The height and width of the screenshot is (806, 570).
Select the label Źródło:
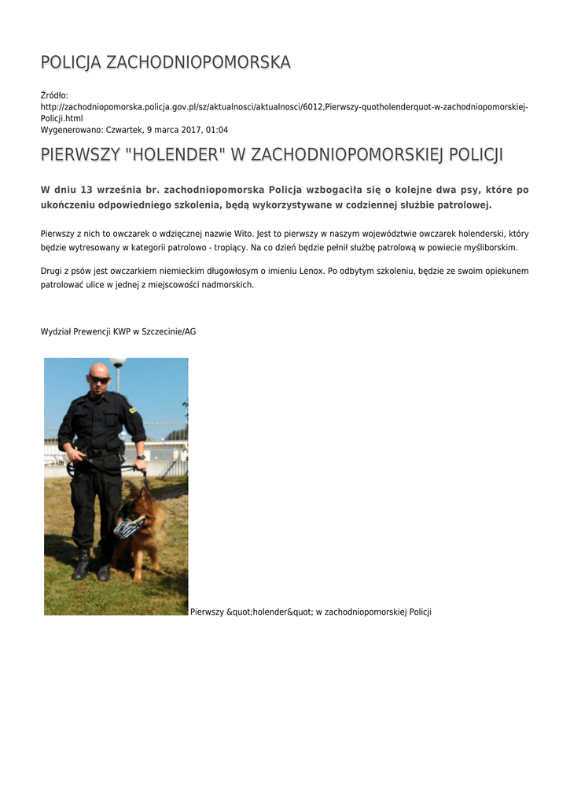pos(55,95)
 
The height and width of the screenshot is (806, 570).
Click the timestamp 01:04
pos(218,129)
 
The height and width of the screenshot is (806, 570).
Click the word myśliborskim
pos(491,247)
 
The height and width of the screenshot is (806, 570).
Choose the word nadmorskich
pos(227,284)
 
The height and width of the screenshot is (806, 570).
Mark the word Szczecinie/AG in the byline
pos(169,331)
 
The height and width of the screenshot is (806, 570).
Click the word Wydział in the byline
pos(55,331)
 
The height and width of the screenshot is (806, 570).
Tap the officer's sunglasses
pos(99,379)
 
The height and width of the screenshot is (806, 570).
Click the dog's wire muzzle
pos(130,525)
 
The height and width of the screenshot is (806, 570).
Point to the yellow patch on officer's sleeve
pos(132,410)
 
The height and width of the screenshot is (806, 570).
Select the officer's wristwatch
pos(140,457)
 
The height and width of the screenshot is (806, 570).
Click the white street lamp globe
pos(118,362)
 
